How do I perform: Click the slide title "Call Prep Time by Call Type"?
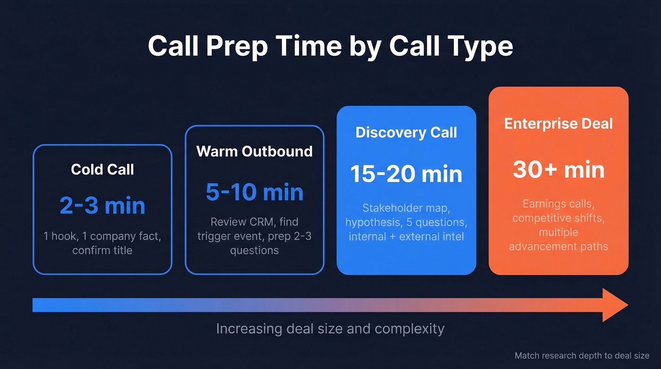330,46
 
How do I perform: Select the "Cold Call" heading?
102,169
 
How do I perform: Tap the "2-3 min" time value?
102,206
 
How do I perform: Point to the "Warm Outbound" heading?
254,151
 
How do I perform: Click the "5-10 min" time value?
254,192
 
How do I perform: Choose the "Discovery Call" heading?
406,132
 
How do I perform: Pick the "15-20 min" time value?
406,174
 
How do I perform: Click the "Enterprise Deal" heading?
559,124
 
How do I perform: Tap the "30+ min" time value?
559,170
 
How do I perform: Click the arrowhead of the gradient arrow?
616,305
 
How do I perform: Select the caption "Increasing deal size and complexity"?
330,328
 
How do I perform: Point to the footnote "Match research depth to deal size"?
582,356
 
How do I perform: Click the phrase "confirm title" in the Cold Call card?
102,250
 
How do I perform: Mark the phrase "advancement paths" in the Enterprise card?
559,246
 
